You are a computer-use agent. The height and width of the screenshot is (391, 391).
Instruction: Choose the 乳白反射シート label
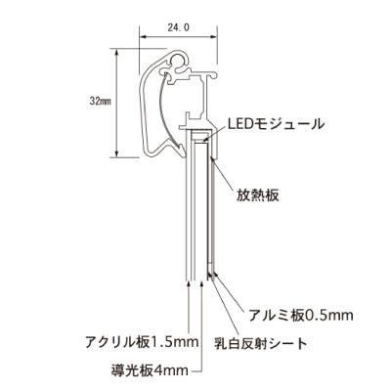[261, 343]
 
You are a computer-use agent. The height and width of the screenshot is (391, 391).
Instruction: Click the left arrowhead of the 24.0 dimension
[143, 41]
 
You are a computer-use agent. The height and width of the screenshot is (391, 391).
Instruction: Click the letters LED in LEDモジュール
[239, 124]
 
